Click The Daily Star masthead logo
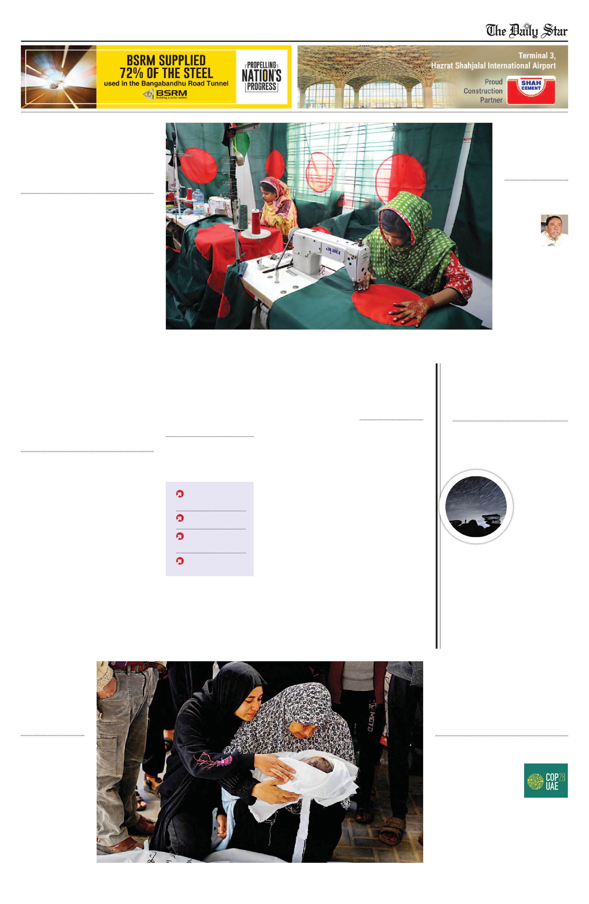pos(527,31)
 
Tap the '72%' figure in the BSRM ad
pos(131,73)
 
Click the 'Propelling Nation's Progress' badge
pos(261,76)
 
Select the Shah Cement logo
pos(531,90)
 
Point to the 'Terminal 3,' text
pos(537,55)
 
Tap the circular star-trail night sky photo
pos(476,506)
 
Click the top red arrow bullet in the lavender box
pos(180,494)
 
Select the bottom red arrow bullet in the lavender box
pos(180,561)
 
